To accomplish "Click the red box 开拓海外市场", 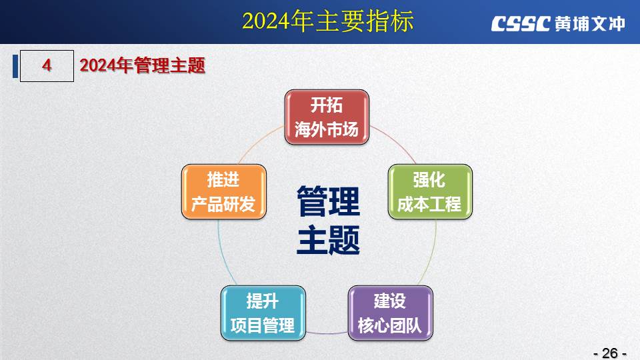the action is click(x=327, y=117).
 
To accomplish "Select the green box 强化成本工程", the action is click(x=430, y=192).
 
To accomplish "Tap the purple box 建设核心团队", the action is click(x=390, y=313).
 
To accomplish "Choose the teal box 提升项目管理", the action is click(x=263, y=313).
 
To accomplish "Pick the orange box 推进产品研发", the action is click(x=224, y=192).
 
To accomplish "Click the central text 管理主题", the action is click(x=328, y=221).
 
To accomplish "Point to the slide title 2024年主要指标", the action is click(x=328, y=21).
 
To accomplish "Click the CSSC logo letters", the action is click(x=521, y=24).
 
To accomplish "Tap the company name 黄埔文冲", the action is click(x=590, y=24).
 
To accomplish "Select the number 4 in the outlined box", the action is click(x=47, y=65).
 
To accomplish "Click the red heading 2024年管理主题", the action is click(x=142, y=65).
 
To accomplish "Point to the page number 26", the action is click(x=610, y=353).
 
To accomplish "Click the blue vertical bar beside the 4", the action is click(x=15, y=66).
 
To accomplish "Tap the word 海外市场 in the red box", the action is click(x=327, y=129).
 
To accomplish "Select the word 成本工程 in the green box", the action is click(x=429, y=204).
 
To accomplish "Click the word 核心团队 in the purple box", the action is click(x=390, y=325).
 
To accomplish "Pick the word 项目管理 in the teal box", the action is click(x=263, y=325).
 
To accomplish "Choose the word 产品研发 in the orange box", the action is click(x=223, y=204).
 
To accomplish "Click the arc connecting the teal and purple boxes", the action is click(x=327, y=333).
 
